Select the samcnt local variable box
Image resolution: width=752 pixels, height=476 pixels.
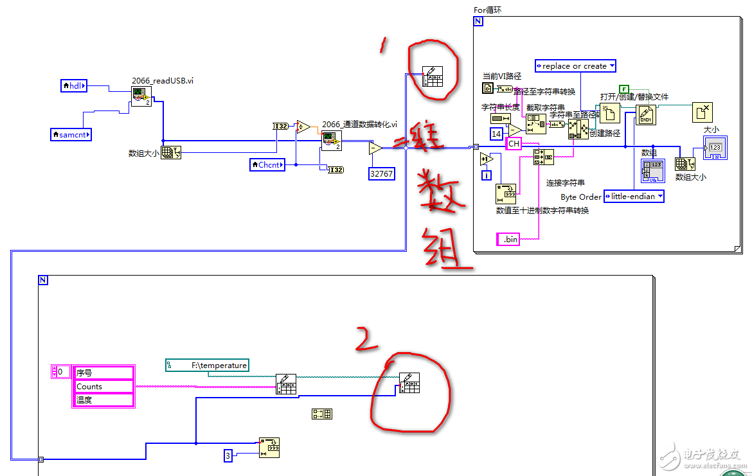(x=71, y=134)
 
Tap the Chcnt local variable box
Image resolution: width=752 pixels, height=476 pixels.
(x=267, y=165)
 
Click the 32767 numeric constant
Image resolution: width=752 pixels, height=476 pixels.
(x=382, y=173)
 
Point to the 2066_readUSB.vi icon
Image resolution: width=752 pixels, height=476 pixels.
(x=141, y=96)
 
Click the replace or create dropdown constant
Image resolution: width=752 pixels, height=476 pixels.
(x=575, y=66)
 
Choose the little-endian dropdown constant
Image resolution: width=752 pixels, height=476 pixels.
(x=633, y=197)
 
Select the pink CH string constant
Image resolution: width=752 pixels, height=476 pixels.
(x=514, y=144)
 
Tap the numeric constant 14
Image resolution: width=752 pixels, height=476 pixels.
(x=497, y=134)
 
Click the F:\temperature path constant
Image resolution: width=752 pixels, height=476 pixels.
(x=208, y=365)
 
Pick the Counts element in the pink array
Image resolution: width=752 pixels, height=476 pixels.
(x=103, y=386)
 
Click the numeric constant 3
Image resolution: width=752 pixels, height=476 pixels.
(x=228, y=456)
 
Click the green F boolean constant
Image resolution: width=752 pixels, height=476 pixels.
(x=623, y=89)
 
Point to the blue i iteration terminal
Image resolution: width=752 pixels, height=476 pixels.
(x=487, y=174)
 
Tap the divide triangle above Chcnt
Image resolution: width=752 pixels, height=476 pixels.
(x=302, y=126)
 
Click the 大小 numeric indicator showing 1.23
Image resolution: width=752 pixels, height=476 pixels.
(x=715, y=148)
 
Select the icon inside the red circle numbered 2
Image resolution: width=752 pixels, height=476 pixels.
(x=409, y=382)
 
